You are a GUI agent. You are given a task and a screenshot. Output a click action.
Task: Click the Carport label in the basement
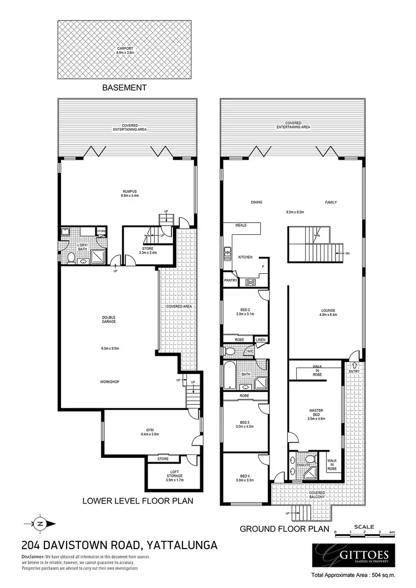125,50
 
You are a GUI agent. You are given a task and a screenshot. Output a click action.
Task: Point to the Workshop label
109,382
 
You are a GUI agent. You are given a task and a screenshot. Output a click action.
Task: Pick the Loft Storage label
175,474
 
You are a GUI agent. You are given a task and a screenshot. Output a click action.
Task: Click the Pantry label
231,280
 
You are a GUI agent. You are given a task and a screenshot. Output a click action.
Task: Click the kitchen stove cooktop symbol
250,282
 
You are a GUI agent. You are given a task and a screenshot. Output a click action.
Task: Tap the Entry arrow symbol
354,366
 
